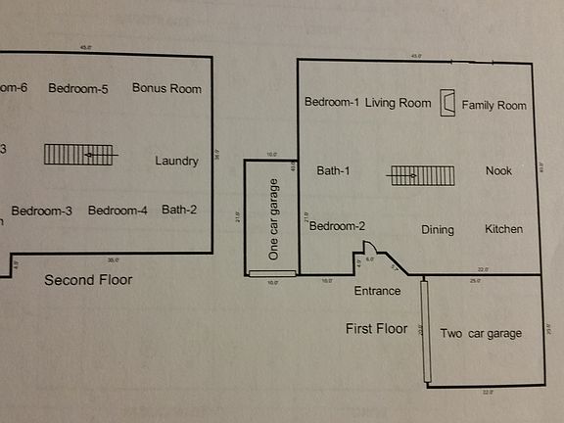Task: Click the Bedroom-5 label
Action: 78,88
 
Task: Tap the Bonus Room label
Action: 166,88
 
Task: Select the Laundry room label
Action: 177,162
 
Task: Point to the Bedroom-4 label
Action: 117,210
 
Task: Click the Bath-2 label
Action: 180,210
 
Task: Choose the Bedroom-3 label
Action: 42,210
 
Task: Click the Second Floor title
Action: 88,280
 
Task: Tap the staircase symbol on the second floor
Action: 79,155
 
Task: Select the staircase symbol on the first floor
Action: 424,176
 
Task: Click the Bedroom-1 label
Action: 332,103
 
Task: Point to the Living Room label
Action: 399,103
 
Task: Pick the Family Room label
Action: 494,105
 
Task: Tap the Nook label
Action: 498,171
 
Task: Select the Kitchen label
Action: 503,229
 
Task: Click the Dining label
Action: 438,230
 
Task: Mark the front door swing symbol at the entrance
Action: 370,251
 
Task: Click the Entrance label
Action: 377,291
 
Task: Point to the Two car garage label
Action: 481,333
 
